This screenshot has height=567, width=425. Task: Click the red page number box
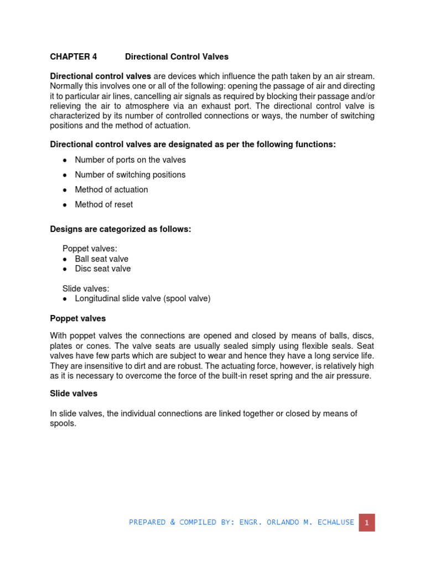click(366, 522)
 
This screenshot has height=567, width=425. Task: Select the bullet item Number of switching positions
click(130, 174)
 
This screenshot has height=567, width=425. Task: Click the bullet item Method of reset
click(104, 204)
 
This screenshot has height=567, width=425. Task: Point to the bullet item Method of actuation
click(111, 189)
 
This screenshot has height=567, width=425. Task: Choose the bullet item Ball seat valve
click(101, 259)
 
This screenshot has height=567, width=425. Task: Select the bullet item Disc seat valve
click(103, 269)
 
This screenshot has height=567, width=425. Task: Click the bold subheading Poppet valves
click(77, 318)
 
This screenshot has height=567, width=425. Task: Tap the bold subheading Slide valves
click(74, 393)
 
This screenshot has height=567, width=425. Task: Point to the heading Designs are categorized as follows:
click(120, 229)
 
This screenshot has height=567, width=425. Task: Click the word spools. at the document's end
click(63, 423)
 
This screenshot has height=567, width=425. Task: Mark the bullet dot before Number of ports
click(65, 160)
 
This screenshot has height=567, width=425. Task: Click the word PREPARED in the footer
click(148, 522)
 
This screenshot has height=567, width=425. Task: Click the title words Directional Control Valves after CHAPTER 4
click(177, 56)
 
